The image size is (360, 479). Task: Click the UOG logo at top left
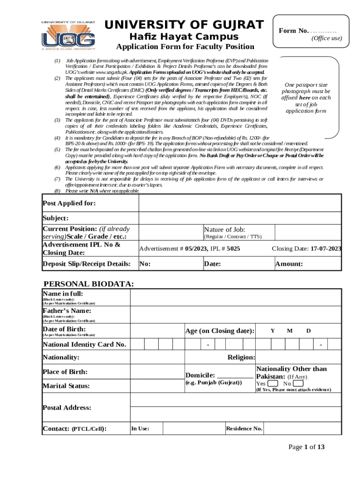click(68, 35)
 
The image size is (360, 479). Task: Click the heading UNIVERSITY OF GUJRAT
click(184, 25)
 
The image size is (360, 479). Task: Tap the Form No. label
click(294, 31)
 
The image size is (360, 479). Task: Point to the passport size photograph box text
click(306, 98)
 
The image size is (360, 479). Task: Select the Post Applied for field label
click(69, 203)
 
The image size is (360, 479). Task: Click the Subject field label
click(56, 218)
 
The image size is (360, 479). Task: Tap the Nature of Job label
click(224, 229)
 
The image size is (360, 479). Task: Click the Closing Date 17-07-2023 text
click(306, 249)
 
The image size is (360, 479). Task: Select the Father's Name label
click(67, 311)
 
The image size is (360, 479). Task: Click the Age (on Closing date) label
click(220, 331)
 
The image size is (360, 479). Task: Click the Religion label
click(241, 358)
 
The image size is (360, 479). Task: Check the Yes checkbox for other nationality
click(272, 384)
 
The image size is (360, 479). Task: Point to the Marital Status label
click(66, 386)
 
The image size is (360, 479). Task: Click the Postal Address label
click(67, 408)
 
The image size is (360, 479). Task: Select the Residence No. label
click(244, 429)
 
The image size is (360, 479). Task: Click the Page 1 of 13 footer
click(306, 447)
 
